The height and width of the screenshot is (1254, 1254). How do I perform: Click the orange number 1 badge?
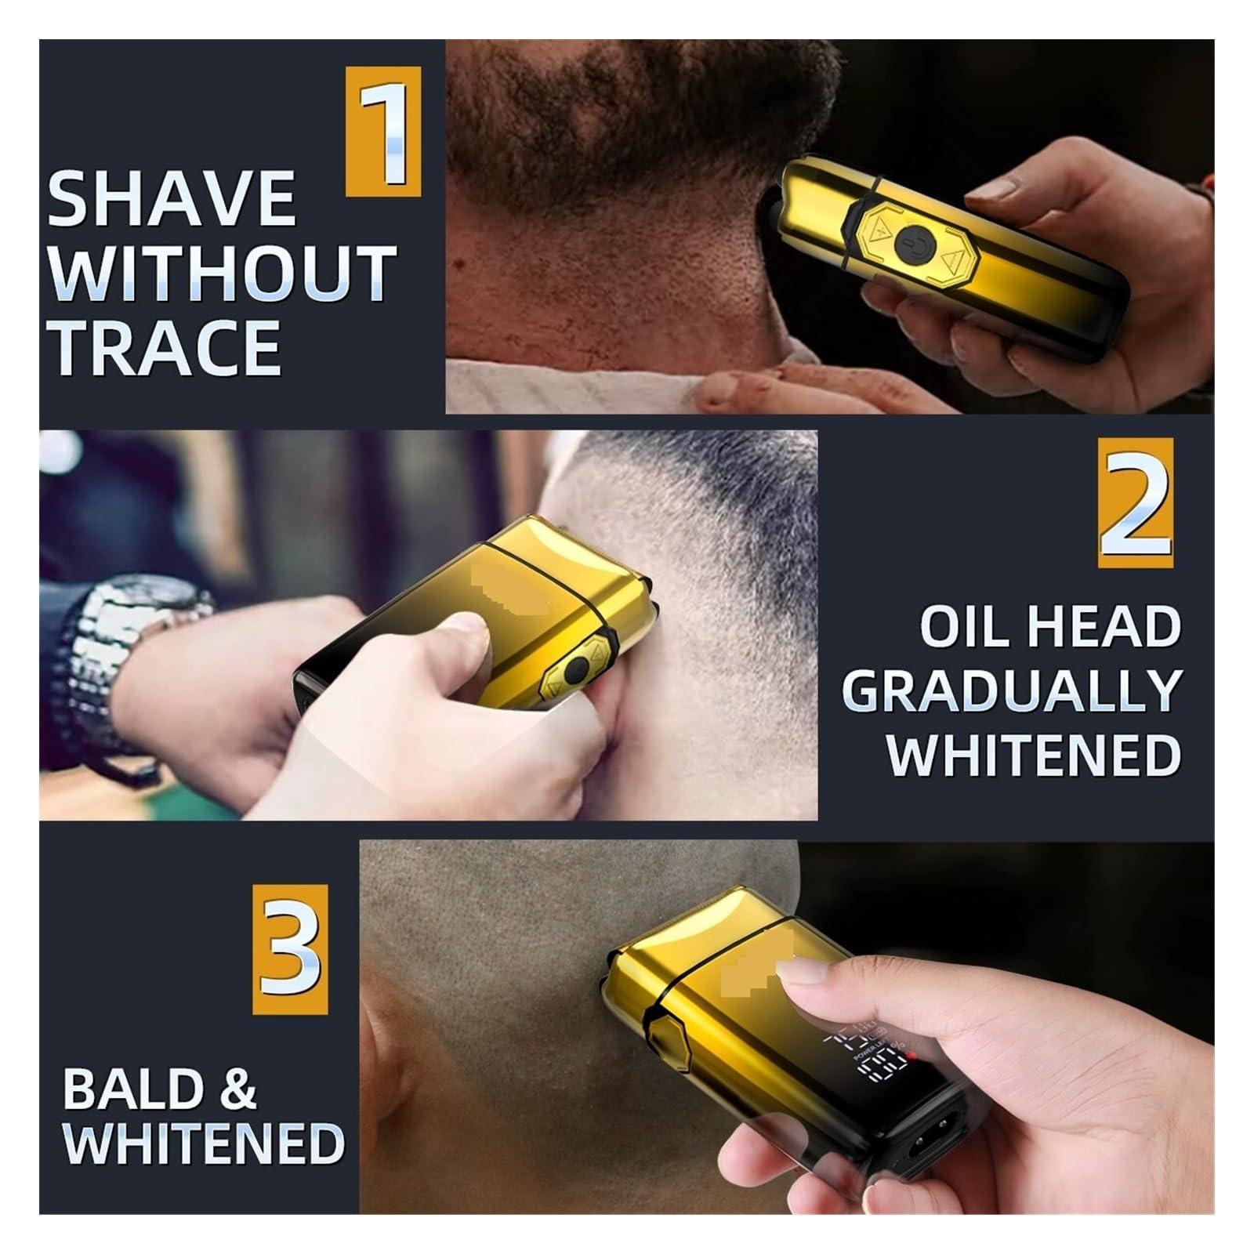pos(383,131)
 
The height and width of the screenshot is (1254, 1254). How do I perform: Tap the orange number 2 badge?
pos(1136,503)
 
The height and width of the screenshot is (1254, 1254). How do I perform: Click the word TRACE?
pos(166,346)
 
